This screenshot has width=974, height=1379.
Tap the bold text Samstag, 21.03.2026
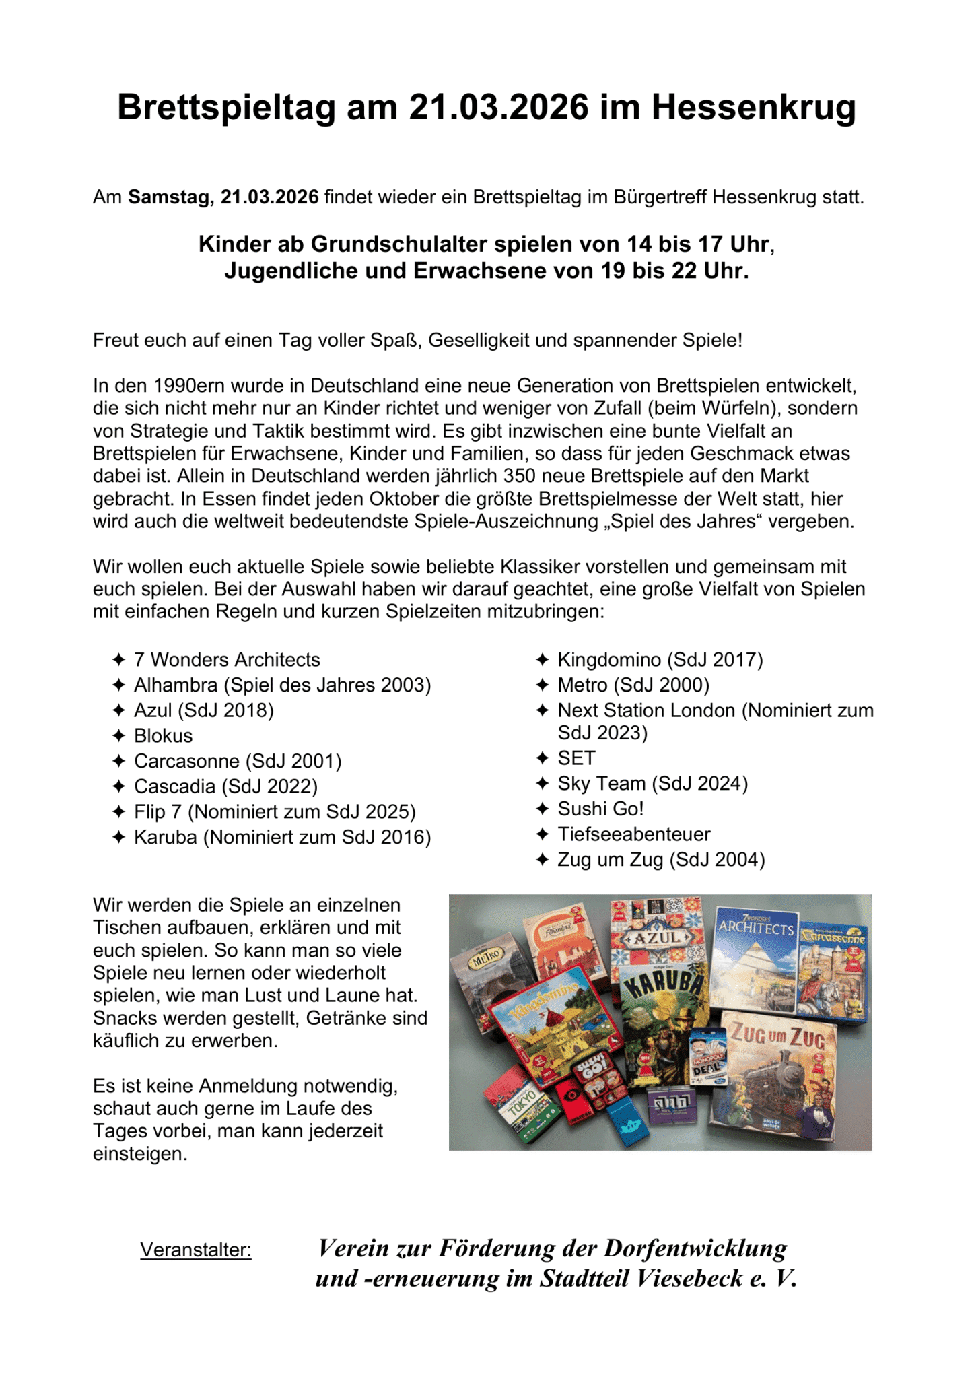point(223,197)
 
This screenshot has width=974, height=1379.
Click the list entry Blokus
point(163,735)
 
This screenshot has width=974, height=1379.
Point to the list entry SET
point(576,758)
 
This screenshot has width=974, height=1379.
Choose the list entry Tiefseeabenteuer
point(633,834)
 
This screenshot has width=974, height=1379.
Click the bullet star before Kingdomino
point(543,660)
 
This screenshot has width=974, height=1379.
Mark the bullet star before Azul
point(119,710)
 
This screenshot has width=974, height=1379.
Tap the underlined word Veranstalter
point(195,1250)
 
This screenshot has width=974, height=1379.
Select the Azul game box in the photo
point(657,933)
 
